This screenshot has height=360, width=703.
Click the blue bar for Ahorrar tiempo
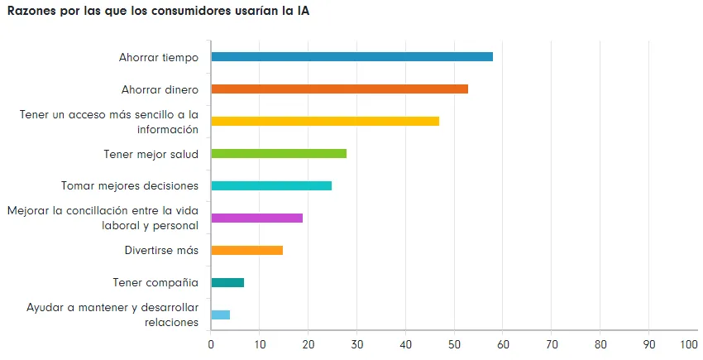[x=351, y=57]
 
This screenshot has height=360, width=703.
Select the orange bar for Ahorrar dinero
[x=339, y=89]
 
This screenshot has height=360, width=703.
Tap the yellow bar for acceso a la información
[x=325, y=121]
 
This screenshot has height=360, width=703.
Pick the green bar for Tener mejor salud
[x=279, y=153]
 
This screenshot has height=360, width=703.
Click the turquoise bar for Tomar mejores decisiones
[x=271, y=185]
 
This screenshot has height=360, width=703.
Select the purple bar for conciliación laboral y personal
[x=257, y=218]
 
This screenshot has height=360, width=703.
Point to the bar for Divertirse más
[x=247, y=250]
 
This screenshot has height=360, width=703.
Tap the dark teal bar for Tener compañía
[x=227, y=282]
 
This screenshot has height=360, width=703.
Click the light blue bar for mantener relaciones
[x=221, y=314]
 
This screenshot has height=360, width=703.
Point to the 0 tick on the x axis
[x=211, y=344]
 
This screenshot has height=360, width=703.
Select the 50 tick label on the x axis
[x=454, y=344]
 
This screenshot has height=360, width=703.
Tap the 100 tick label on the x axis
[x=688, y=344]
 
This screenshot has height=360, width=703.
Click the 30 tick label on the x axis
[x=357, y=344]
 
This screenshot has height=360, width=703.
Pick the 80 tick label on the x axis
[x=600, y=344]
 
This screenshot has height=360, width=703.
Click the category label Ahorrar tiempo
[x=159, y=57]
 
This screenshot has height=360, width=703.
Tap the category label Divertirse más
[x=160, y=250]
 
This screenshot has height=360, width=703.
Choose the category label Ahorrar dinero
[x=160, y=89]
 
